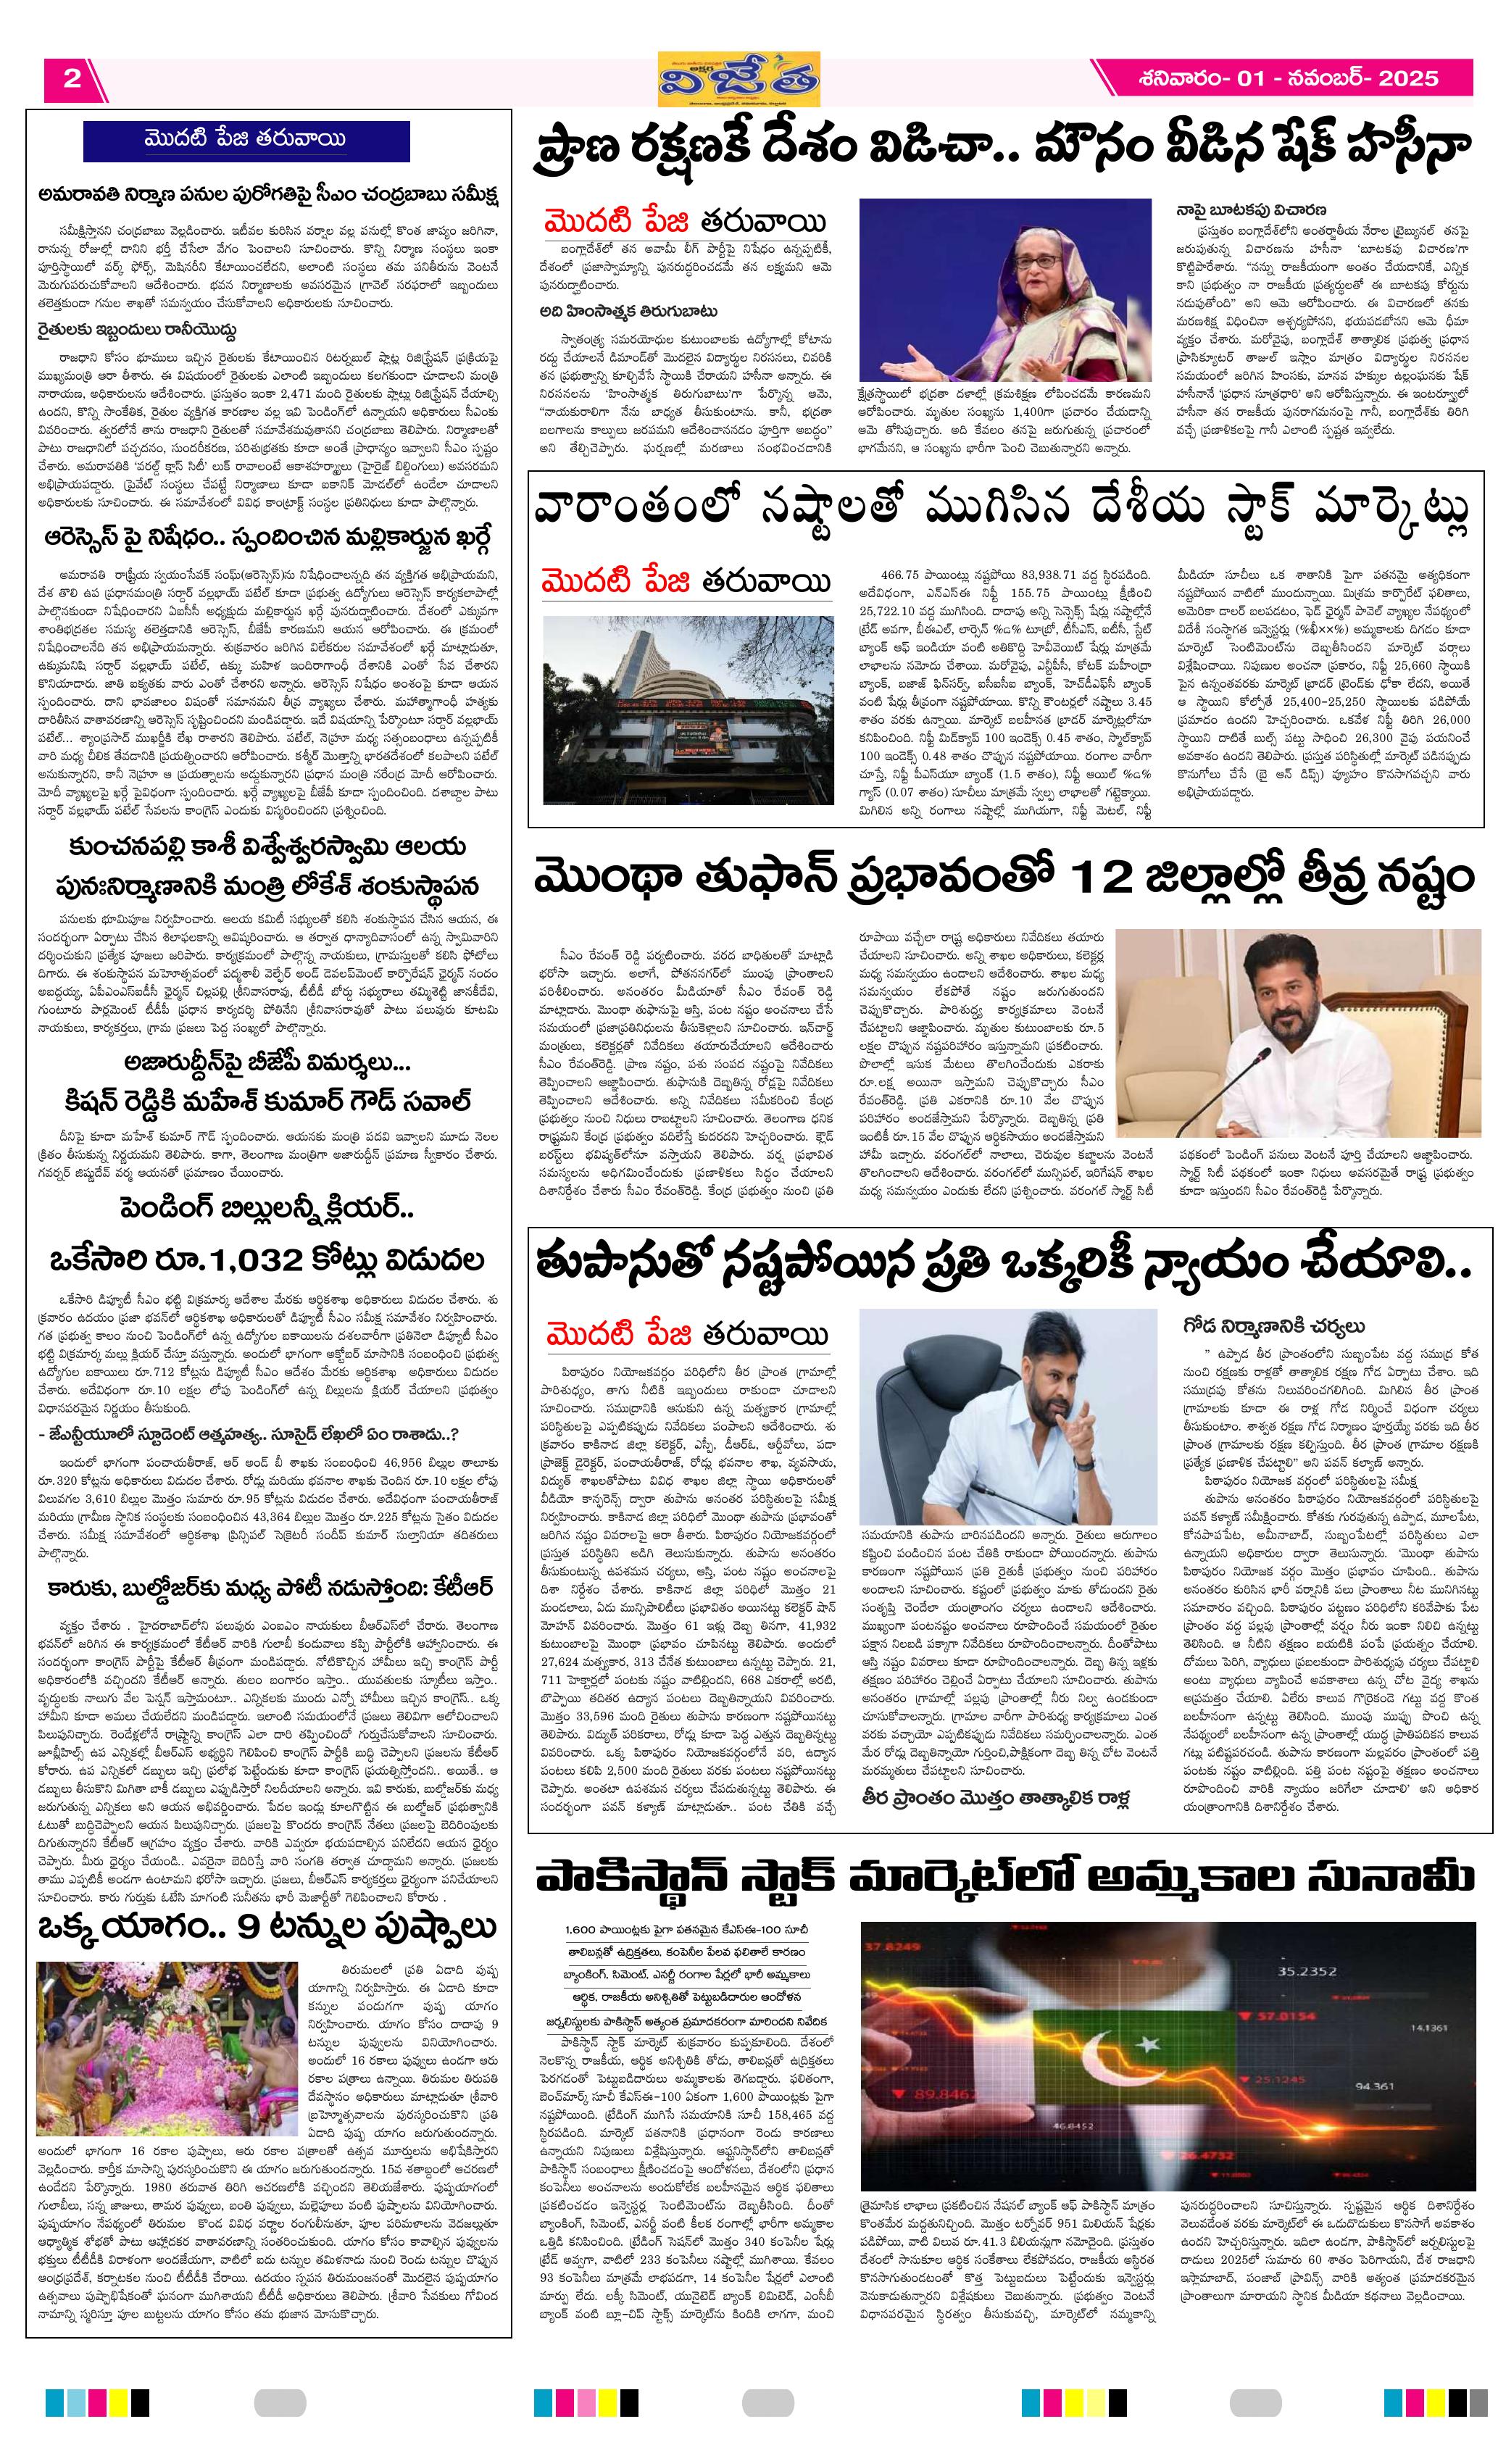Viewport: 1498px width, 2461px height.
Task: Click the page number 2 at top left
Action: [x=71, y=79]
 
